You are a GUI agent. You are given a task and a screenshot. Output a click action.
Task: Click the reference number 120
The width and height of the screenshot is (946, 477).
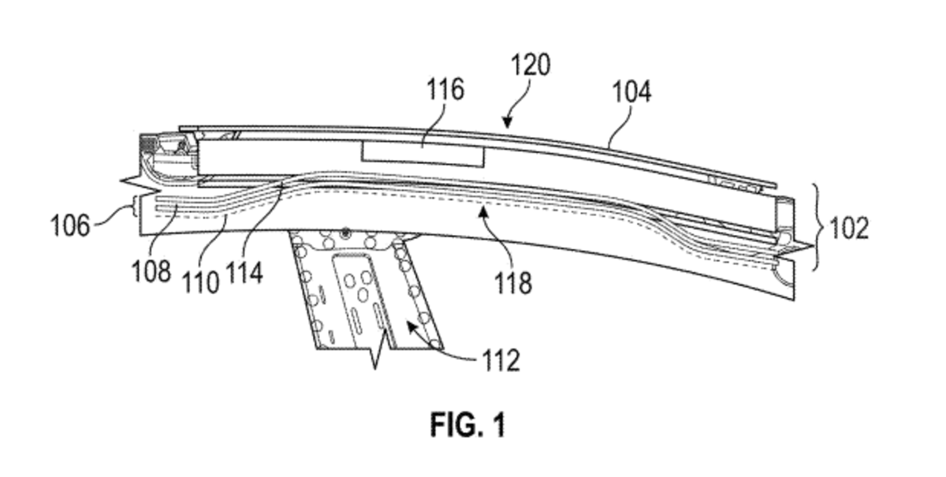(x=529, y=65)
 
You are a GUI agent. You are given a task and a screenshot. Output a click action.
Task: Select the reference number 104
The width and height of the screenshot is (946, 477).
(x=632, y=92)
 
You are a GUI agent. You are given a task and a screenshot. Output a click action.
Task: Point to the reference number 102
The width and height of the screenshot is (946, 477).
(x=848, y=229)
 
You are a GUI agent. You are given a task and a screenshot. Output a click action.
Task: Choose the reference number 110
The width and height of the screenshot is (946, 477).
(x=203, y=281)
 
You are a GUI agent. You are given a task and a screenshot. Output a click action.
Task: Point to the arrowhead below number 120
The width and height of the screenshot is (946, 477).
(x=507, y=123)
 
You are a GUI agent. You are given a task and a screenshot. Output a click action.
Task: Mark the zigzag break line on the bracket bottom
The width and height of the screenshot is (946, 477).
(x=380, y=351)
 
